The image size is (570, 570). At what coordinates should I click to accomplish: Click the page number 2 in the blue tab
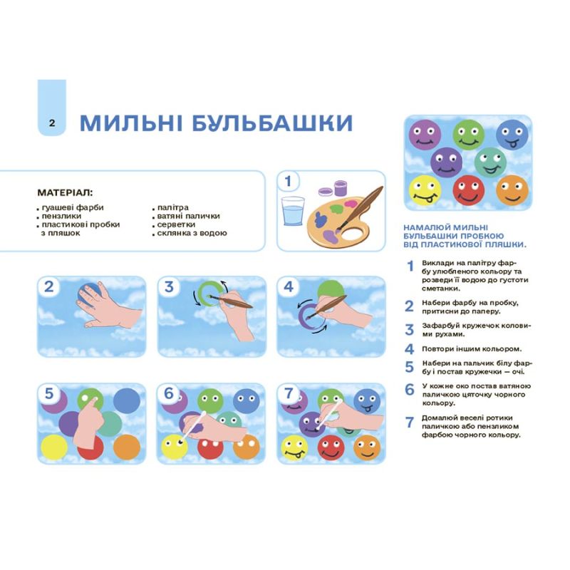[52, 123]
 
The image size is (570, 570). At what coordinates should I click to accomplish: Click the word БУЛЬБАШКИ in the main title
[272, 123]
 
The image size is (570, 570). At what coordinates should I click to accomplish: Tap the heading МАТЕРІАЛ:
[65, 192]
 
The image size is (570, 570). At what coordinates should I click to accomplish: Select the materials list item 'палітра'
[172, 207]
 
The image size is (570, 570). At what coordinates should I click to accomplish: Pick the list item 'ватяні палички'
[188, 216]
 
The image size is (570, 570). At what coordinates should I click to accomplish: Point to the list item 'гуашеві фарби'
[73, 207]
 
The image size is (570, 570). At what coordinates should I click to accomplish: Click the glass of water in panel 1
[293, 211]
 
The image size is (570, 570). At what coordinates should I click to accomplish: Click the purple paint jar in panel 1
[341, 188]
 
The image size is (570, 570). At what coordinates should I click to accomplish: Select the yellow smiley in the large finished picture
[425, 190]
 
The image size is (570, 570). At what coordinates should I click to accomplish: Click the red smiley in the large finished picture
[468, 190]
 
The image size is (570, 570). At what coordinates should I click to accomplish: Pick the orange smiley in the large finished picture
[512, 190]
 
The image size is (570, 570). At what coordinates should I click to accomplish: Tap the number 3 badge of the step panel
[169, 287]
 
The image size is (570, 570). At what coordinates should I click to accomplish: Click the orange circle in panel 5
[127, 447]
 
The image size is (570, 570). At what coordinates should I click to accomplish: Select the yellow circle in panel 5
[55, 447]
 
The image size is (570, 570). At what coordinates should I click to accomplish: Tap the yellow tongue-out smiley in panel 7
[295, 448]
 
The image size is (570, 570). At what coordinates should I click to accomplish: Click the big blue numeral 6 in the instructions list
[410, 390]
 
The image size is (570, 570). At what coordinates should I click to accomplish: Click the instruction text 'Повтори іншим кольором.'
[472, 349]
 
